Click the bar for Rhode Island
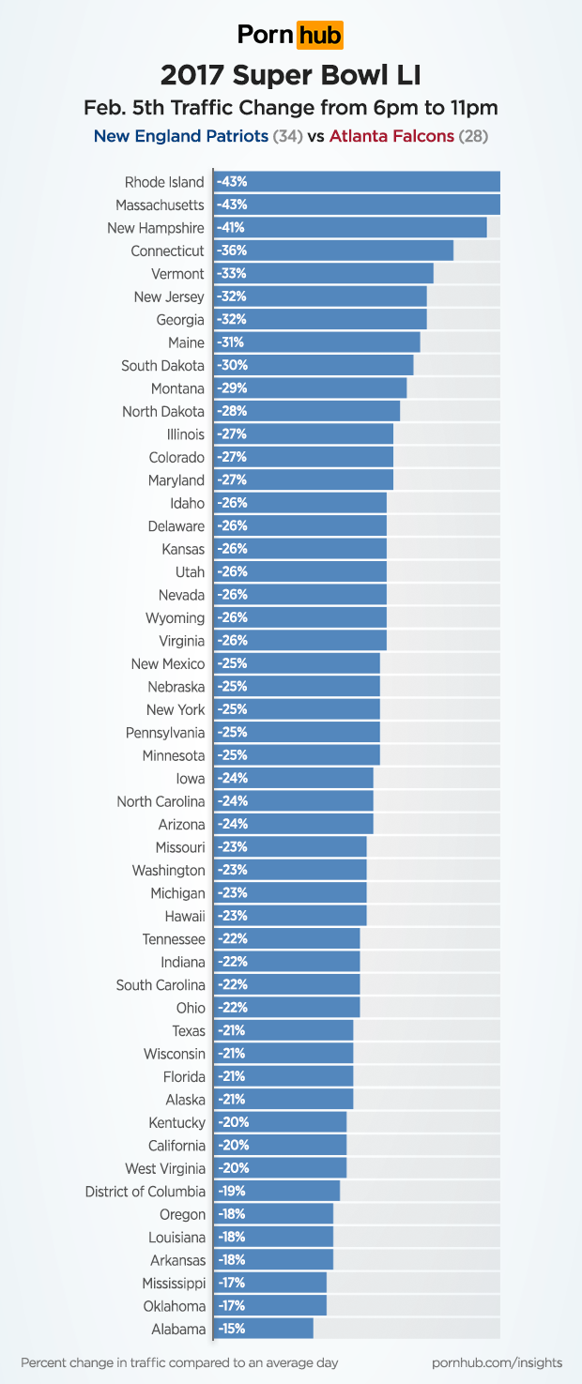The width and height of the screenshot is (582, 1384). click(x=357, y=182)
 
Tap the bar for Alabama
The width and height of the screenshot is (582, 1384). click(x=264, y=1329)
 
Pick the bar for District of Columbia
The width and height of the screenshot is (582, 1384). click(x=277, y=1192)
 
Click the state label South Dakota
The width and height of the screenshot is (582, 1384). click(x=162, y=366)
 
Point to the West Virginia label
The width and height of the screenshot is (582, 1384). click(x=164, y=1168)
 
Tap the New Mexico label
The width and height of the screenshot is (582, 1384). click(x=168, y=664)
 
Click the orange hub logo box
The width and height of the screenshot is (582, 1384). click(x=320, y=36)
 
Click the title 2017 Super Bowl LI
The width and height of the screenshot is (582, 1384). click(x=291, y=75)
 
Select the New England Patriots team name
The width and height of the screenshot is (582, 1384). click(x=180, y=137)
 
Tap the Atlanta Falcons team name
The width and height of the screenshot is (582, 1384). click(x=391, y=137)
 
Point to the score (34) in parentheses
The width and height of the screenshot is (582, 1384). click(x=287, y=137)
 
